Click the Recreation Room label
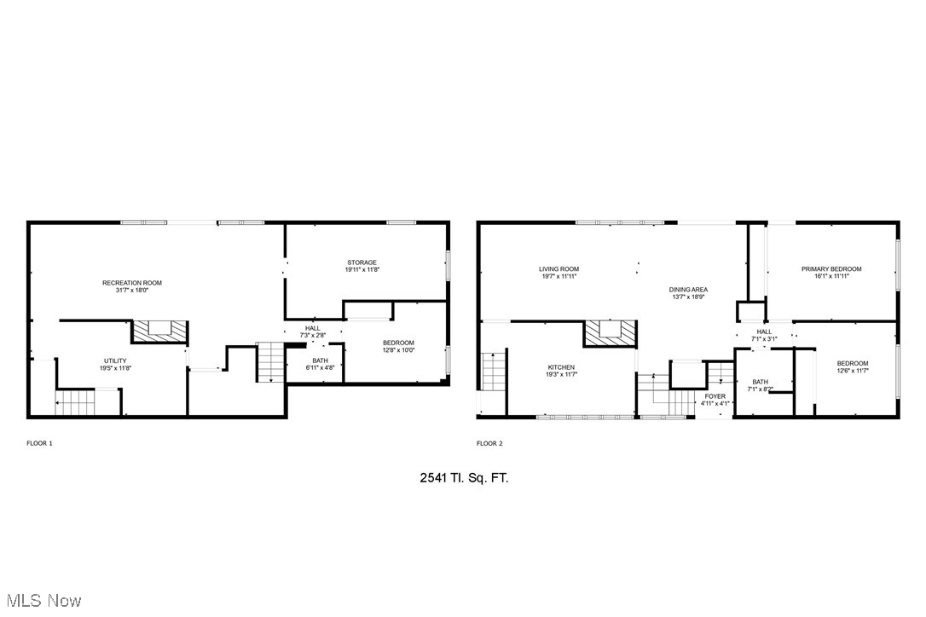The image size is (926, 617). click(x=132, y=283)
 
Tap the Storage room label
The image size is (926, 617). click(x=362, y=262)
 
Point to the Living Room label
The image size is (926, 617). click(x=558, y=269)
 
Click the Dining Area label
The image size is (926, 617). click(x=688, y=290)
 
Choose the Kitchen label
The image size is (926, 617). click(x=560, y=367)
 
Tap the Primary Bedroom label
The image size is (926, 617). click(x=831, y=269)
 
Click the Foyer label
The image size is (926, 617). click(x=715, y=396)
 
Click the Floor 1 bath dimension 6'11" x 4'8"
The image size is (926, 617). click(x=320, y=368)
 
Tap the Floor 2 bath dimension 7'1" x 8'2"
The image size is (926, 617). click(x=761, y=389)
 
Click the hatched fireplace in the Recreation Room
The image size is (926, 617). click(x=159, y=331)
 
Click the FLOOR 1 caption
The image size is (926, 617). click(x=39, y=443)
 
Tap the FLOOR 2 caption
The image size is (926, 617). click(x=489, y=443)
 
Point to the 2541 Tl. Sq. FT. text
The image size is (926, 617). click(x=464, y=478)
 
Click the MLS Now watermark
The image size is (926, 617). click(x=42, y=601)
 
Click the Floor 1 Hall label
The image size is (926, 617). click(x=312, y=329)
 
